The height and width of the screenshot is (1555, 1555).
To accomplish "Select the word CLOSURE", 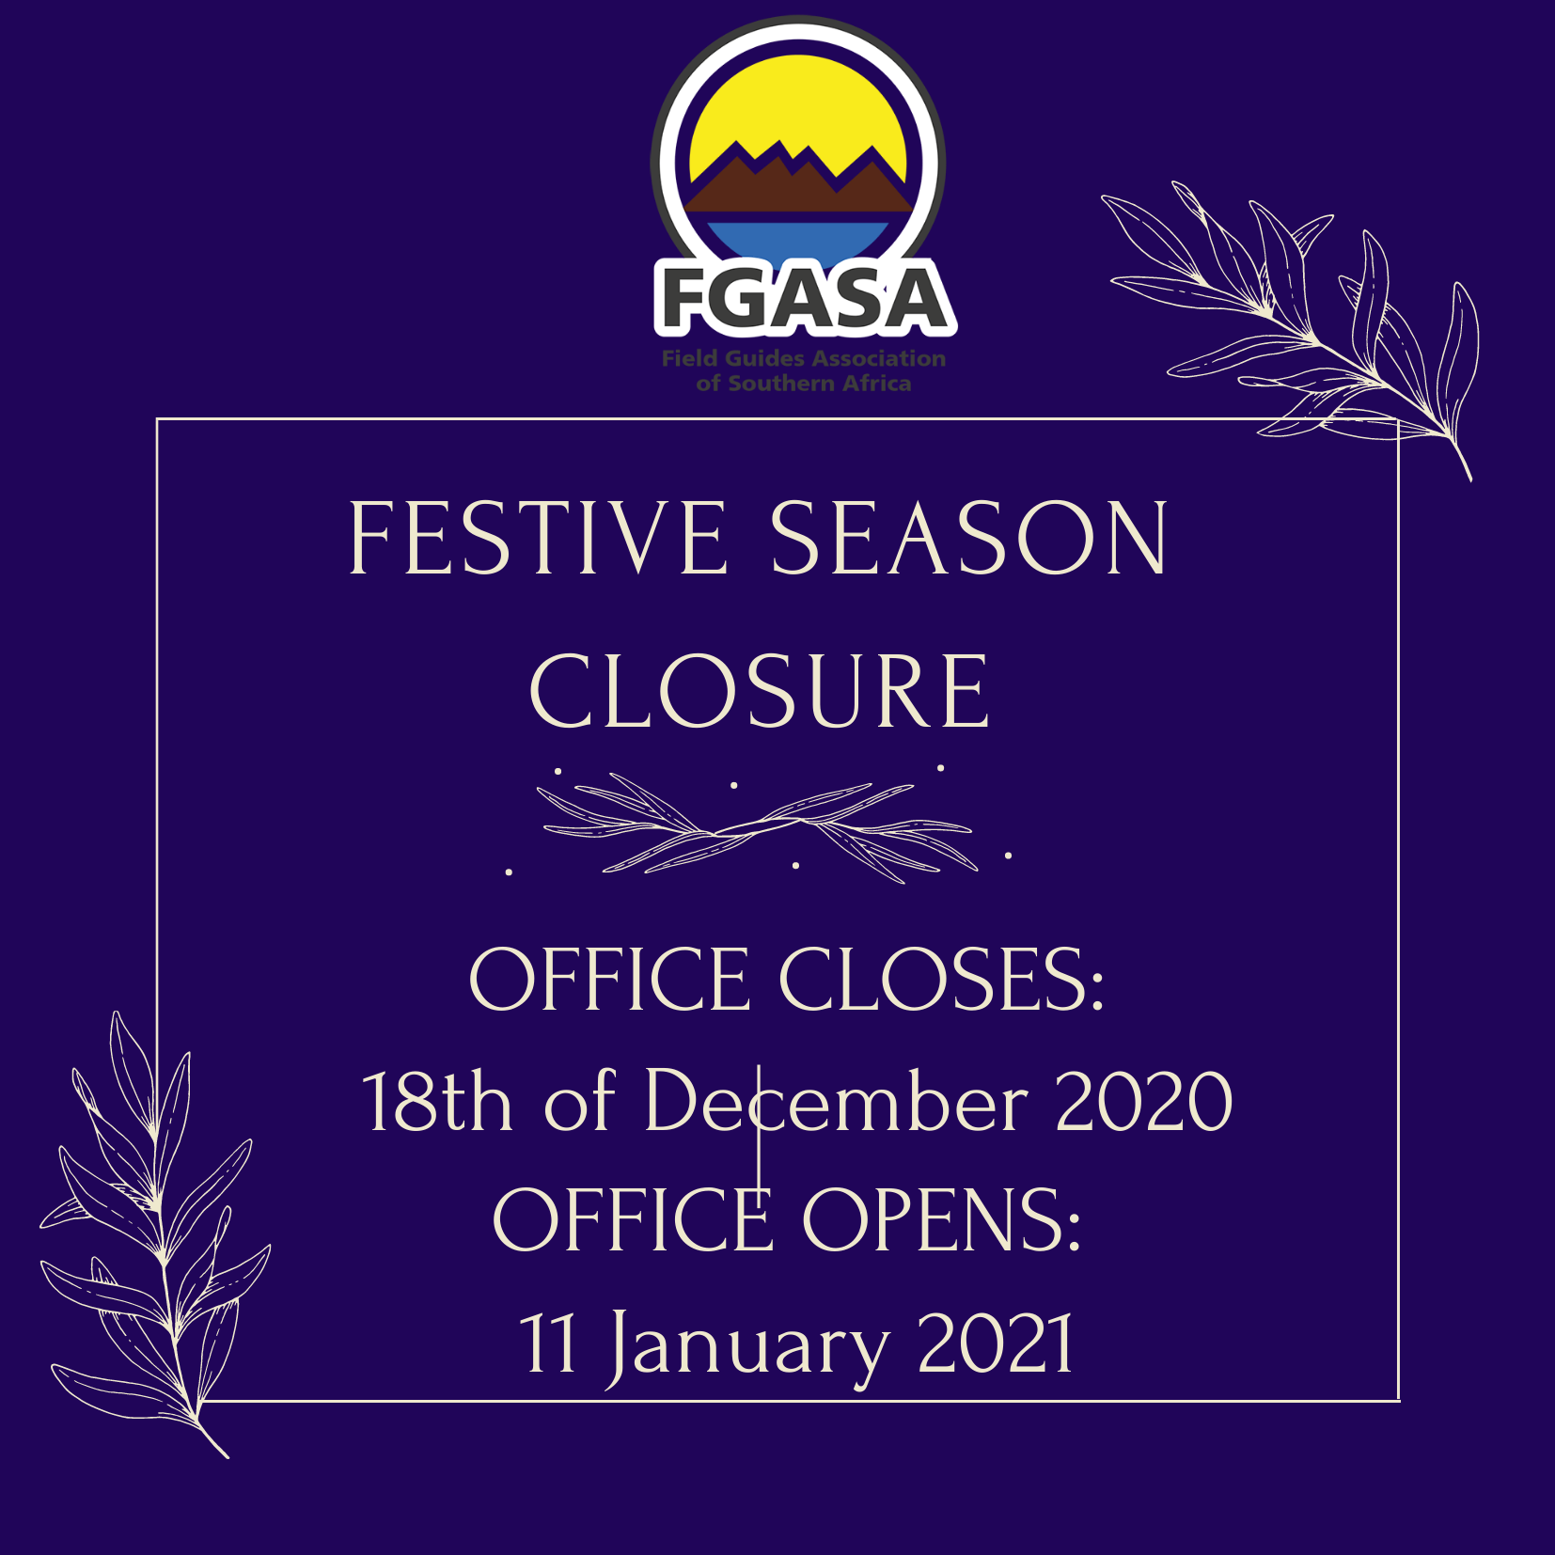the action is tap(760, 692).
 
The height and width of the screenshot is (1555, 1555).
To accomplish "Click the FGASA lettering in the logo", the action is tap(805, 298).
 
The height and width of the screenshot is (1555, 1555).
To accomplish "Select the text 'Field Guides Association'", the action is tap(804, 358).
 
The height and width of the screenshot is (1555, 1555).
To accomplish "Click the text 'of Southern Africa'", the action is tap(804, 384).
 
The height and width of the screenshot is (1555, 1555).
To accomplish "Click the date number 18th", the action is tap(437, 1101).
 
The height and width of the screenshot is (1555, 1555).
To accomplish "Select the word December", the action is tap(837, 1101).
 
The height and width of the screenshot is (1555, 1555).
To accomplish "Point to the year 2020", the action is tap(1144, 1101).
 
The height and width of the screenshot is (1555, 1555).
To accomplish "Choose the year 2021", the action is tap(996, 1343).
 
